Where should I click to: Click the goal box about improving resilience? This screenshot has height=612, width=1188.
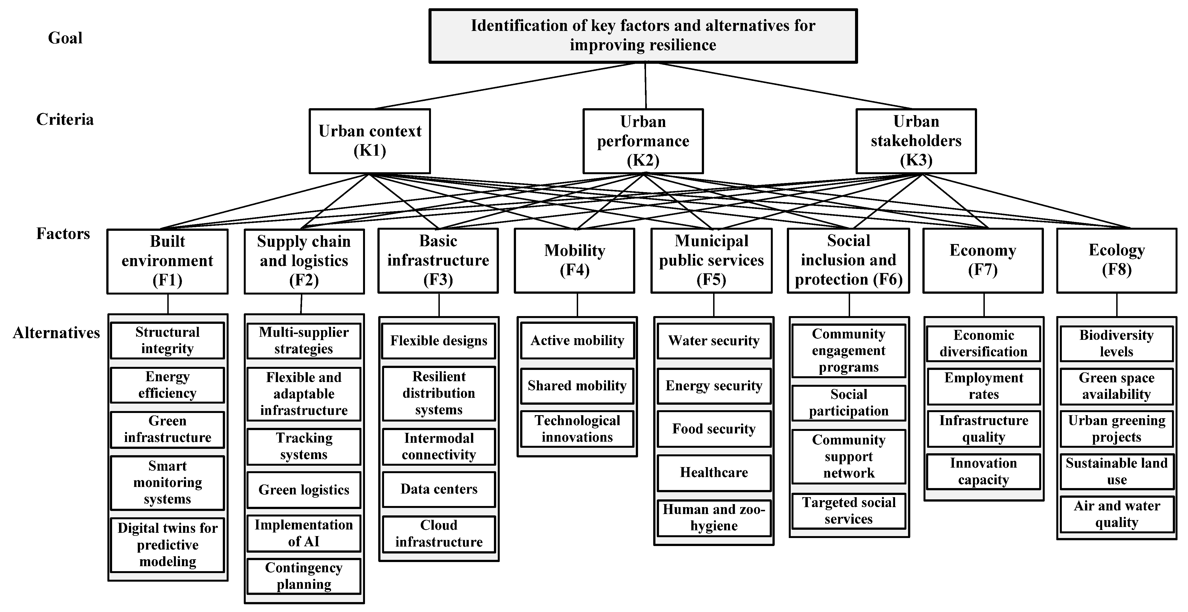643,36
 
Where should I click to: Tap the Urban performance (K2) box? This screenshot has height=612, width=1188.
643,141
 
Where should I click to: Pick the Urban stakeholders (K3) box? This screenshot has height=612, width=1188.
916,141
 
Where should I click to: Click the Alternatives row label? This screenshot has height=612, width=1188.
56,333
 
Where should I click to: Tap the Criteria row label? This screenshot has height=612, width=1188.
65,120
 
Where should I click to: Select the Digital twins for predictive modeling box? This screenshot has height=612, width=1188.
167,545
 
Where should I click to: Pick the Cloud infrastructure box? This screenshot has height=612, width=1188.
439,534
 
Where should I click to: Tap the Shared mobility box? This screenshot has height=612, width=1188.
577,386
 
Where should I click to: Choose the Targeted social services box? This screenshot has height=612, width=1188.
849,510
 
